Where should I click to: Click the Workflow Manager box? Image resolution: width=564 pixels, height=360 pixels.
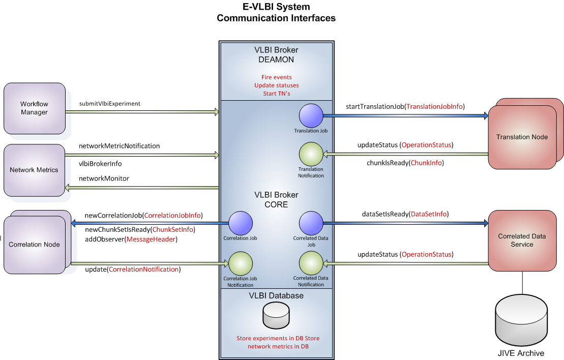click(35, 108)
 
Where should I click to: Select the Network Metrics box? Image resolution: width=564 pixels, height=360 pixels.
click(34, 170)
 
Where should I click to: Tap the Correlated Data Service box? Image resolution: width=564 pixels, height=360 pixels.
click(522, 241)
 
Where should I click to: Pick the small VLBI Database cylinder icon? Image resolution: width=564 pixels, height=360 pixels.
click(276, 315)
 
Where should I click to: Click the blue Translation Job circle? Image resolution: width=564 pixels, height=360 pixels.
click(311, 115)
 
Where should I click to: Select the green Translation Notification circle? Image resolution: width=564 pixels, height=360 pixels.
click(311, 154)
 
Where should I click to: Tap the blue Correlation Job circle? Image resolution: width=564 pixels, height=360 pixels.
click(241, 223)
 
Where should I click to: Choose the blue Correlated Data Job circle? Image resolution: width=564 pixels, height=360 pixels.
click(311, 223)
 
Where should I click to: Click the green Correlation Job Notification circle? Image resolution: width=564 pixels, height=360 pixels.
click(241, 263)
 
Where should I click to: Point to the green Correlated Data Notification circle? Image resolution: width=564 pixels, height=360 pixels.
click(311, 263)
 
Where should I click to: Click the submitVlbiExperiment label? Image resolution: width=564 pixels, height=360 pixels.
click(110, 104)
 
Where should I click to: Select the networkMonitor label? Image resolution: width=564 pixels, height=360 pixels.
click(104, 178)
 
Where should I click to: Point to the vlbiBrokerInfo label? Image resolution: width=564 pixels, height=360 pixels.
click(100, 164)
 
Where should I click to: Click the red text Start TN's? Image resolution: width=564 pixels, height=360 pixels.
click(276, 94)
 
